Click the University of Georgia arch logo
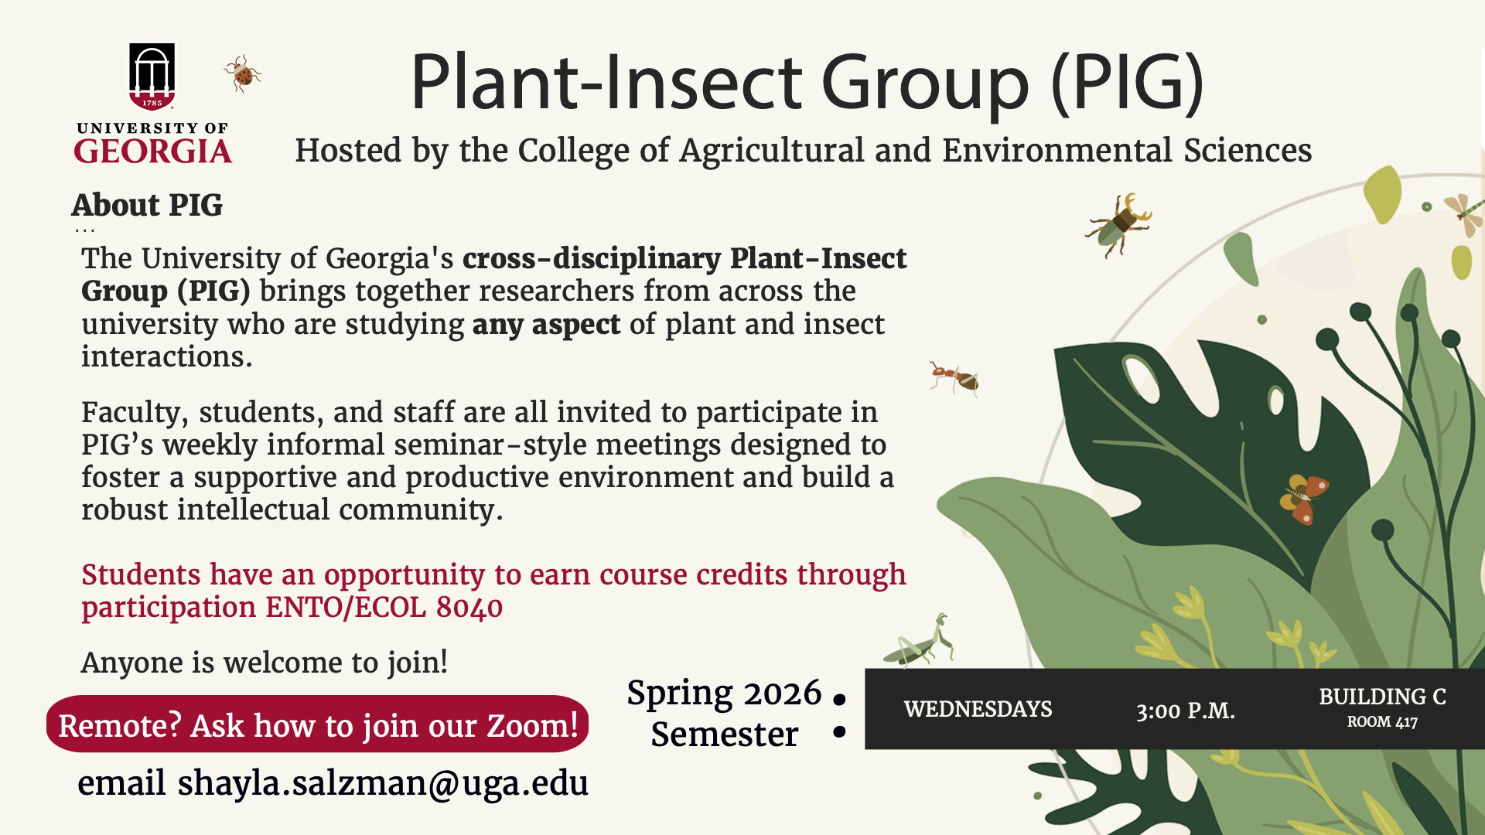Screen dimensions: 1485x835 [152, 77]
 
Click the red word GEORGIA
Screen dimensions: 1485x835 [153, 151]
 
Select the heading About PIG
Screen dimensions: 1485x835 [147, 205]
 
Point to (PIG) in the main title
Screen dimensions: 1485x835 [1127, 82]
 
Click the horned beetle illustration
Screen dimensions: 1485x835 [1119, 224]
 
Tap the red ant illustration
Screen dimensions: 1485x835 [954, 378]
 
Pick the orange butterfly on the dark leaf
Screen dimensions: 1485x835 [1304, 497]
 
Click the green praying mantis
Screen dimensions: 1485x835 [920, 641]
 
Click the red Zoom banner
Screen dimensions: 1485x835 [318, 724]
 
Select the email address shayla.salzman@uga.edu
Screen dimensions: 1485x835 [383, 783]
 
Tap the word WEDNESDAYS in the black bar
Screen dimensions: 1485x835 [978, 709]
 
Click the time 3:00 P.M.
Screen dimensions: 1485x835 [1185, 711]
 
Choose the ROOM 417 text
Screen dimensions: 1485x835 [1382, 722]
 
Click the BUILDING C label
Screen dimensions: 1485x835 [1382, 697]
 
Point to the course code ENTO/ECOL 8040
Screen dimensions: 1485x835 [384, 608]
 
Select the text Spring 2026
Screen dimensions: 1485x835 [724, 693]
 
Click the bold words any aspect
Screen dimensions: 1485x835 [546, 325]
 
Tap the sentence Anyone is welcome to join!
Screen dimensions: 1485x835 [265, 663]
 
